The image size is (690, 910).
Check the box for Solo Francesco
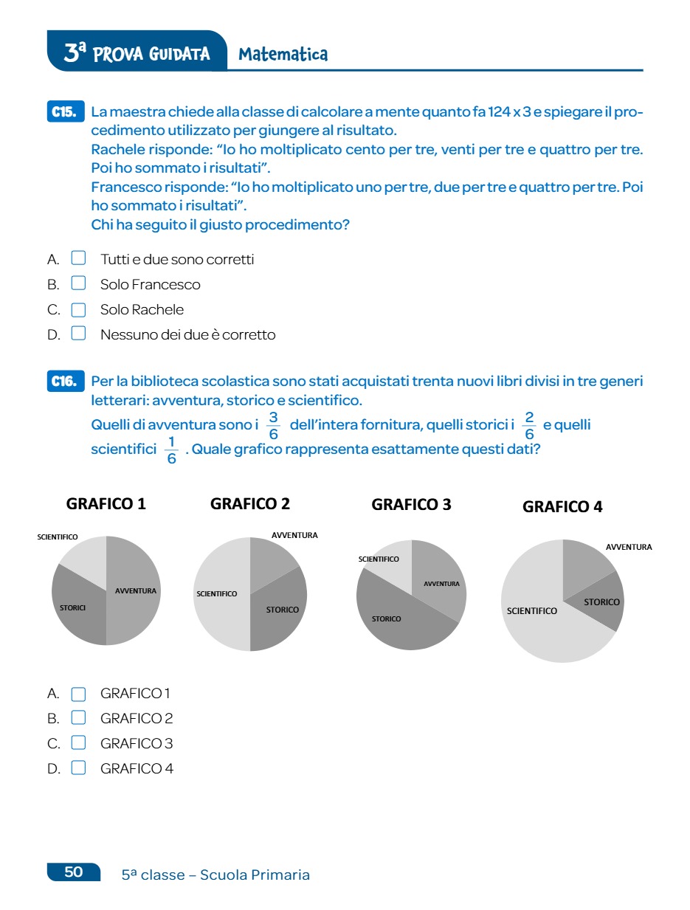(78, 283)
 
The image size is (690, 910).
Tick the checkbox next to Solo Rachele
(78, 309)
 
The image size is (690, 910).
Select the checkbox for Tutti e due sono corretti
(78, 258)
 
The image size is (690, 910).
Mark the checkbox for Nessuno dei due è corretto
(78, 334)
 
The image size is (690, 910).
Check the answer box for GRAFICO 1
(78, 693)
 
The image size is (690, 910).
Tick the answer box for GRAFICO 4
(78, 768)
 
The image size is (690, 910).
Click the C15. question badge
(65, 112)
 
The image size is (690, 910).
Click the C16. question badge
(65, 382)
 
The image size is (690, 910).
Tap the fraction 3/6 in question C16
(273, 426)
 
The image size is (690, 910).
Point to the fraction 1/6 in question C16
(171, 450)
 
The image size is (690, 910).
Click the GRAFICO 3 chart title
(411, 505)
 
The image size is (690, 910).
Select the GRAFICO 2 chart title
(250, 504)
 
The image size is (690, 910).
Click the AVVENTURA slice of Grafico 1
(137, 590)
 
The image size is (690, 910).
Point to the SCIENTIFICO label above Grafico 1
(58, 537)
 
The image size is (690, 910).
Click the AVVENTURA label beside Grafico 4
(629, 547)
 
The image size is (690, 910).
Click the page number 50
(74, 872)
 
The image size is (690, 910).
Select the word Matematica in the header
(283, 54)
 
